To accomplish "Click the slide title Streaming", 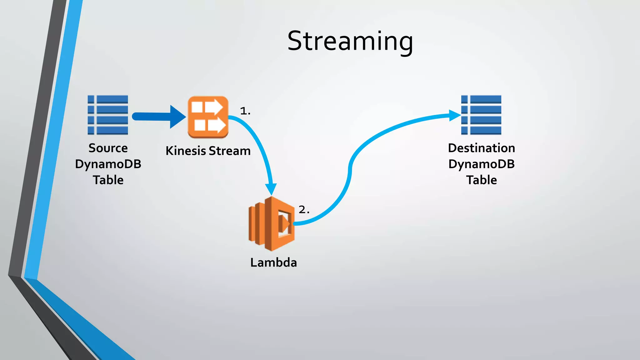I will coord(350,41).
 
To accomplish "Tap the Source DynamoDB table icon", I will coord(108,115).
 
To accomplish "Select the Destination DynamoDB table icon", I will coord(481,115).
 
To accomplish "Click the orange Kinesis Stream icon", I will coord(208,117).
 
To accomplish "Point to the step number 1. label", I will coord(245,111).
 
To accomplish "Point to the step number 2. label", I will coord(304,209).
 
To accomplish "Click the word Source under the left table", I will coord(108,148).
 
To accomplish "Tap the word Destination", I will coord(481,148).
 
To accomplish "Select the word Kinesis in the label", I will coord(186,151).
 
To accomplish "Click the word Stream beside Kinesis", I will coord(230,151).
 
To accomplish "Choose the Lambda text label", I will coord(273,262).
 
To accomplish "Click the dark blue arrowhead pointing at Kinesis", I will coord(177,117).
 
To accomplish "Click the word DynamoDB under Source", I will coord(108,164).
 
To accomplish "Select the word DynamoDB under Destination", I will coord(481,164).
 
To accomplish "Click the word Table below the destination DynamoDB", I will coord(481,180).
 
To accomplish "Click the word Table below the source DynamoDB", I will coord(108,180).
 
